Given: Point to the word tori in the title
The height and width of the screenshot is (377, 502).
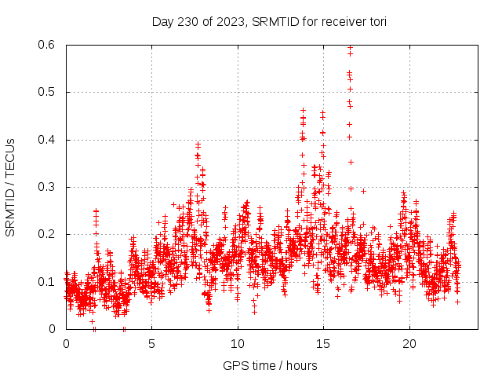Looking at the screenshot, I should pyautogui.click(x=376, y=21).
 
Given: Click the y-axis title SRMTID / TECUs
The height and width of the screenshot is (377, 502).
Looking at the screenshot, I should pyautogui.click(x=10, y=187).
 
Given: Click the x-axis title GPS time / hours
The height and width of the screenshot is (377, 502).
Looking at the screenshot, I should pyautogui.click(x=270, y=365).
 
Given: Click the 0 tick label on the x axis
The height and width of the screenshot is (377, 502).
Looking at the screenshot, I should pyautogui.click(x=66, y=344).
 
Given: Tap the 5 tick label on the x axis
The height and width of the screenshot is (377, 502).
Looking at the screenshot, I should pyautogui.click(x=151, y=344).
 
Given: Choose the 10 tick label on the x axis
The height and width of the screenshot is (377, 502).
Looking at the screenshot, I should pyautogui.click(x=237, y=344).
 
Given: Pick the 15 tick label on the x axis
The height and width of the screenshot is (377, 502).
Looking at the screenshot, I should pyautogui.click(x=322, y=344).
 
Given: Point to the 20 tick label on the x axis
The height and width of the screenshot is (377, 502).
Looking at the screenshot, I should pyautogui.click(x=408, y=344).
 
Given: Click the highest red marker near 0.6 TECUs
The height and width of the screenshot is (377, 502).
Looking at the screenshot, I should pyautogui.click(x=350, y=47).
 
